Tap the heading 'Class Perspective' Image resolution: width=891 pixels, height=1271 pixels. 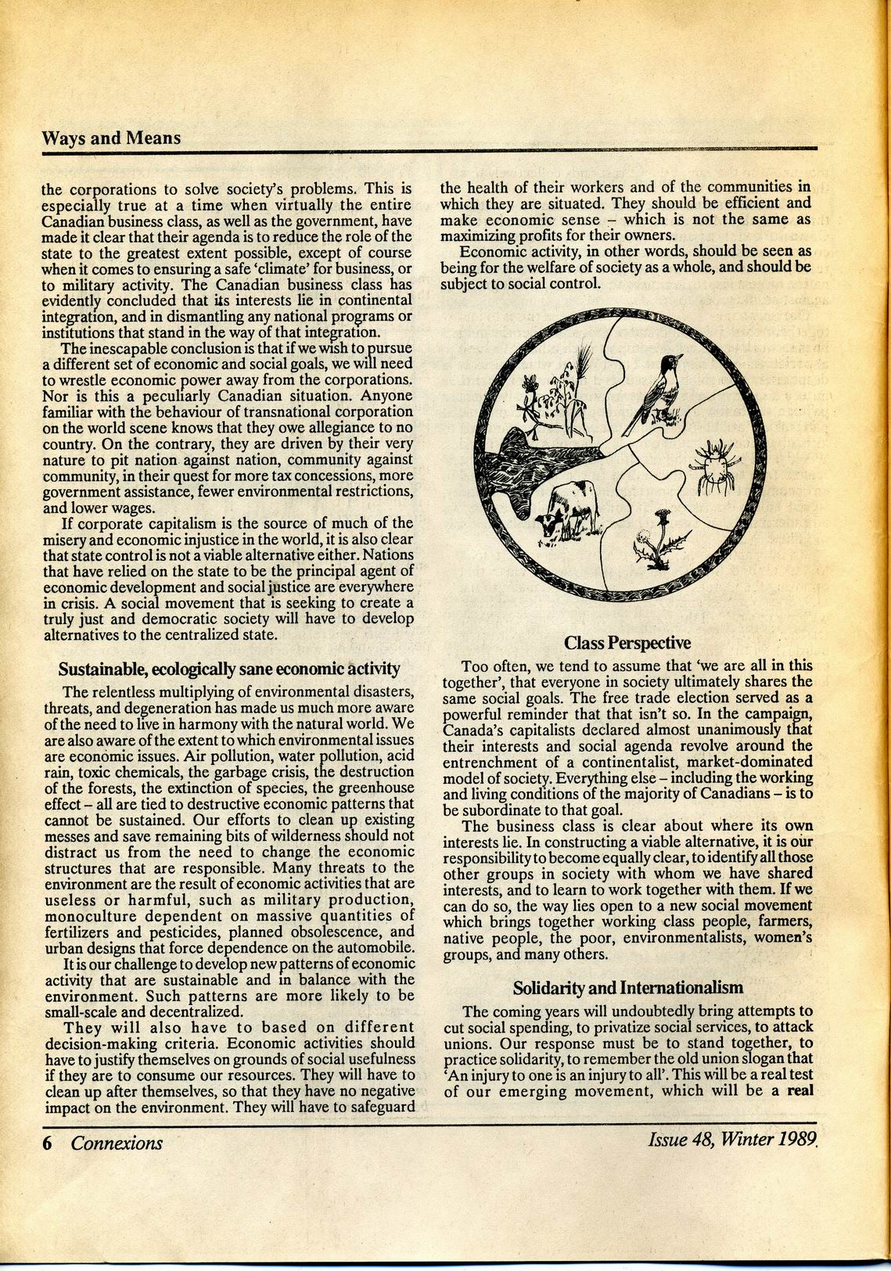[x=627, y=643]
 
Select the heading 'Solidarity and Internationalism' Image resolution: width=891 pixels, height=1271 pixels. [x=627, y=987]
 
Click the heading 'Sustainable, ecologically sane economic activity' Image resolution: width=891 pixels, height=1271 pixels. [x=229, y=670]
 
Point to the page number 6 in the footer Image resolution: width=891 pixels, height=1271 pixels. [x=47, y=1144]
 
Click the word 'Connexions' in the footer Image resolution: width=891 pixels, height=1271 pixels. [x=117, y=1144]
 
